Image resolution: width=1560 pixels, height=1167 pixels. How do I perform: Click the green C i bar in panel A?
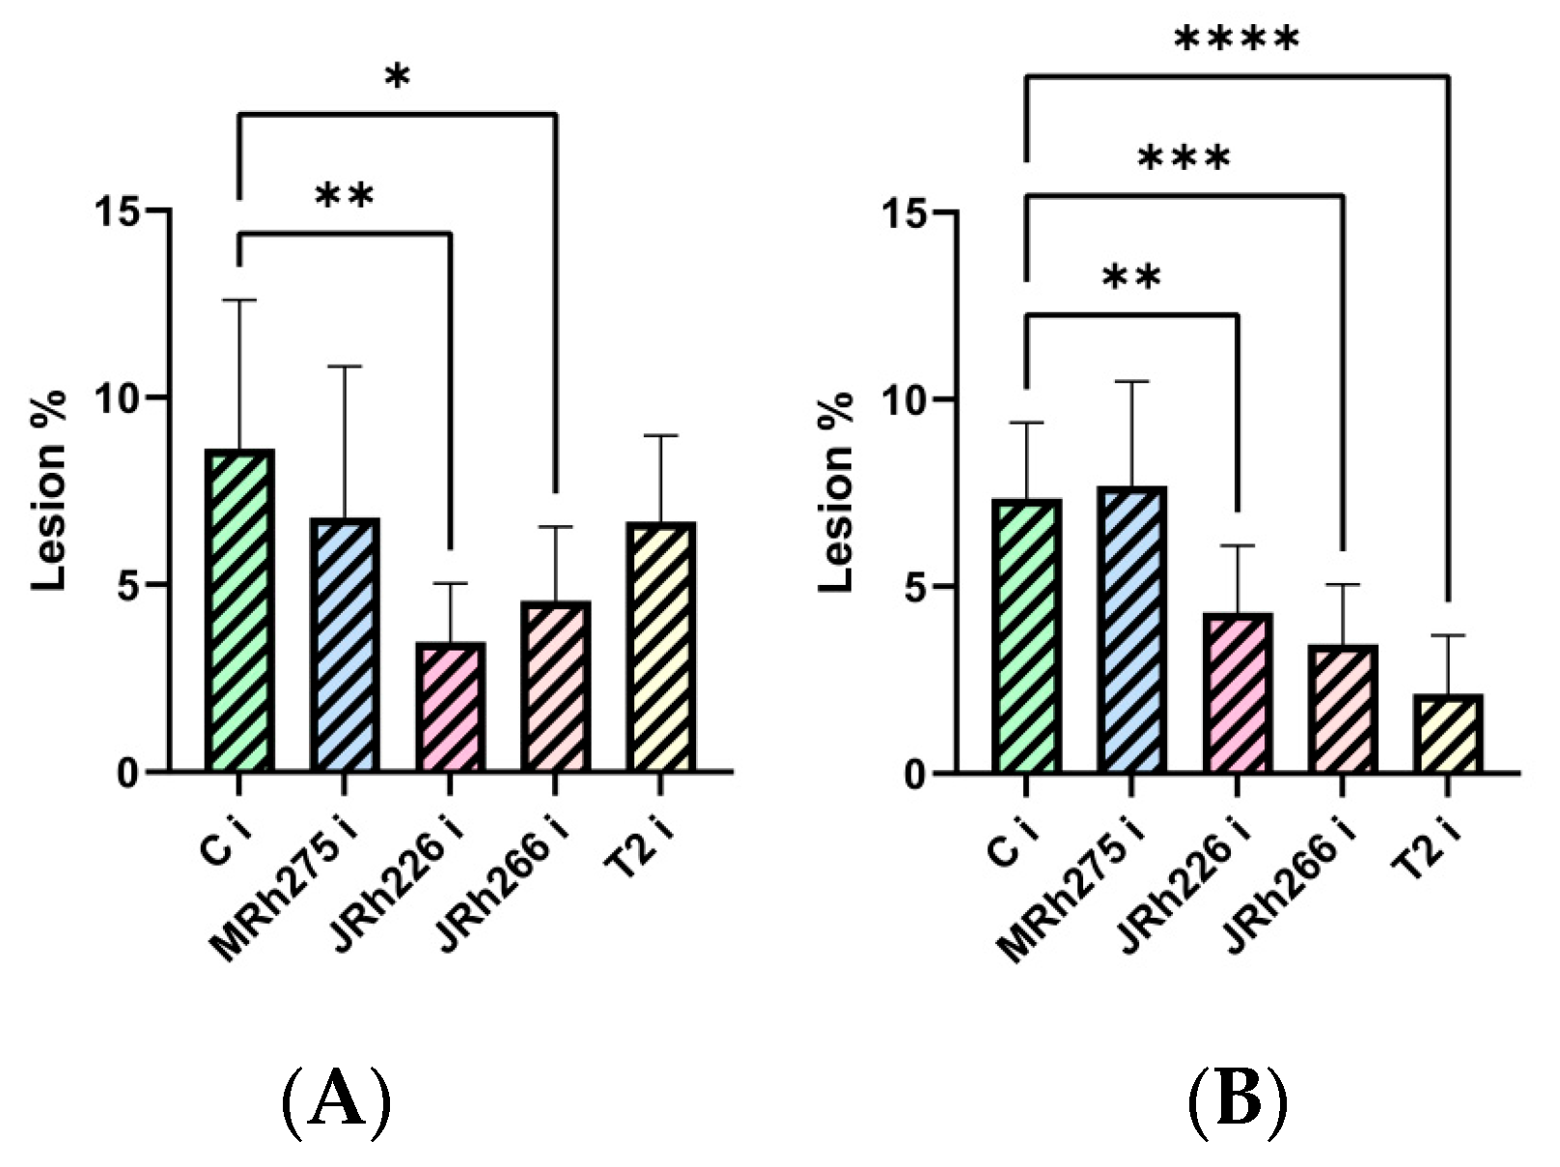click(x=239, y=610)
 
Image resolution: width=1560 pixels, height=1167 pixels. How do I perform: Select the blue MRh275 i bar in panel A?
click(x=345, y=645)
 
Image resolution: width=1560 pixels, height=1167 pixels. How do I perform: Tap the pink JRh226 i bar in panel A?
click(x=450, y=708)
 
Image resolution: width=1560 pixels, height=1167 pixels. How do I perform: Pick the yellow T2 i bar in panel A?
click(x=661, y=647)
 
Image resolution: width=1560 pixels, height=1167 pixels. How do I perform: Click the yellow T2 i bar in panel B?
click(x=1448, y=734)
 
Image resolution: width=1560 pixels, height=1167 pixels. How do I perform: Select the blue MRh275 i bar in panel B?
click(x=1132, y=629)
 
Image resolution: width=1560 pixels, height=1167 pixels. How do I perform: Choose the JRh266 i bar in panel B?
click(x=1343, y=709)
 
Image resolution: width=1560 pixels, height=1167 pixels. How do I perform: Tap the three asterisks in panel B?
click(x=1184, y=158)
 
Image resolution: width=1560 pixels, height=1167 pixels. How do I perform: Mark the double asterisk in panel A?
click(x=344, y=196)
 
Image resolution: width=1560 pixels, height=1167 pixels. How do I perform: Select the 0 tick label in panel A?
click(x=129, y=772)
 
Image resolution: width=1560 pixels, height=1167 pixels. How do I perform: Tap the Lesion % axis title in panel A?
click(x=48, y=490)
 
